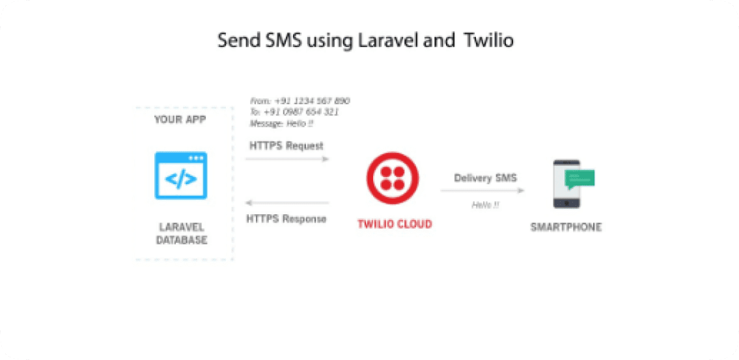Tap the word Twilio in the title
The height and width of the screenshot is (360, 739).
(488, 40)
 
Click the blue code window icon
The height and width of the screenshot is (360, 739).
(180, 176)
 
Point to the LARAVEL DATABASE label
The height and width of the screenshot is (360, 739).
(182, 234)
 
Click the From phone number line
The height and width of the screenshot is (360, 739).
(300, 101)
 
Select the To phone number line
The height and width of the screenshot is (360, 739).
(294, 112)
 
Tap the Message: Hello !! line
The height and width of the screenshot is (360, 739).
(282, 123)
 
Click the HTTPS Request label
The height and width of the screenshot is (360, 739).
(286, 146)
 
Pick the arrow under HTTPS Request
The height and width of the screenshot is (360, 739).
(287, 158)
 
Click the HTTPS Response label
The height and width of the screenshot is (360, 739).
(286, 219)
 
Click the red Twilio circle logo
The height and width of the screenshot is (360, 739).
(393, 178)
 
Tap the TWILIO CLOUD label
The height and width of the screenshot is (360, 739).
(395, 224)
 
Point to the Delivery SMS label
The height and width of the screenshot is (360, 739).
(485, 178)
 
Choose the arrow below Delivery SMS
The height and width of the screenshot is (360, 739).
(482, 191)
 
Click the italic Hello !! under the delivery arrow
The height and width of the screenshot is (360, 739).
(485, 205)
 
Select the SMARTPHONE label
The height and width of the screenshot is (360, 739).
(566, 227)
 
